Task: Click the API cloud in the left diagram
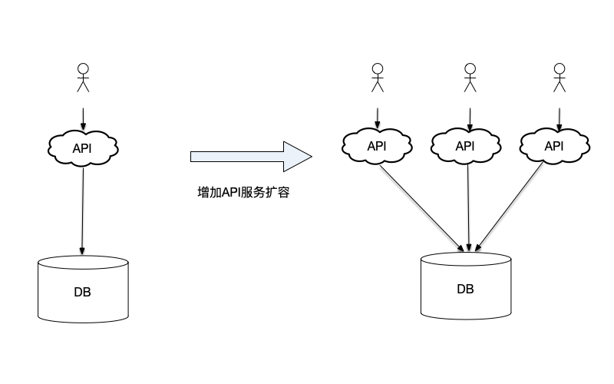click(82, 148)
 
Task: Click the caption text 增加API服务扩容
click(243, 193)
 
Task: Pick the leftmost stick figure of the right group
click(377, 78)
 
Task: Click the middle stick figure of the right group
click(470, 78)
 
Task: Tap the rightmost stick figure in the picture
click(560, 78)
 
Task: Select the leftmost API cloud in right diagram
click(377, 146)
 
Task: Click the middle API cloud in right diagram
click(465, 146)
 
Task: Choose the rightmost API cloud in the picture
click(553, 146)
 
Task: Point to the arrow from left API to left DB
click(82, 207)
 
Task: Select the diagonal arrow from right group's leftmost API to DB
click(422, 207)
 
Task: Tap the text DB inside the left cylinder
click(83, 292)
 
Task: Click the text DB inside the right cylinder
click(466, 290)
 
